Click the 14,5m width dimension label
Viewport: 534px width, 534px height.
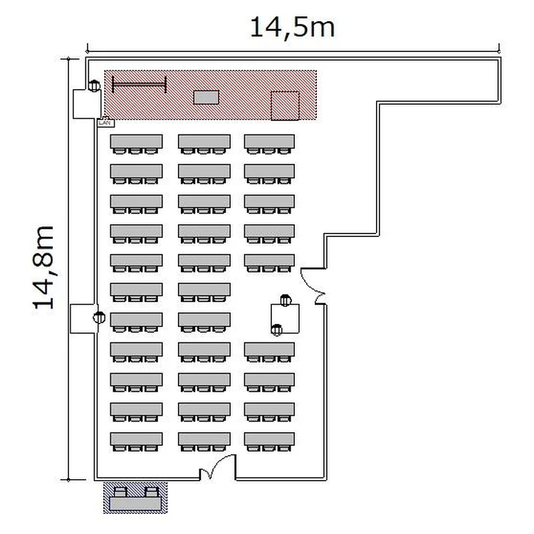[293, 28]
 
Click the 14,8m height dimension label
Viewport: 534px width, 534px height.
[43, 267]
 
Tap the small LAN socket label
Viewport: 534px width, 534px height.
[106, 122]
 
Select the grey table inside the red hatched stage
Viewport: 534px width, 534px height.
[206, 97]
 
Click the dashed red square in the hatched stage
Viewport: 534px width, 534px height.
[285, 105]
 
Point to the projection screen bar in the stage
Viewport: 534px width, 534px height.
[139, 85]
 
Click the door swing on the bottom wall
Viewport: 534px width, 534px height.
[218, 466]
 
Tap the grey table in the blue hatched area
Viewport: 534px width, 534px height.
[135, 503]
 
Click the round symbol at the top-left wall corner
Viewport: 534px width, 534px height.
[94, 85]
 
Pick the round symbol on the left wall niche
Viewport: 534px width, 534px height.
[99, 318]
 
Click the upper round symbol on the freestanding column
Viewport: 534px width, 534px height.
[286, 300]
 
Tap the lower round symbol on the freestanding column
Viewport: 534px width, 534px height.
[276, 330]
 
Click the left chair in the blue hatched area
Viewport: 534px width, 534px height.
[120, 492]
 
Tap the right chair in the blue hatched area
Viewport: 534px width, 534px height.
[152, 492]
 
